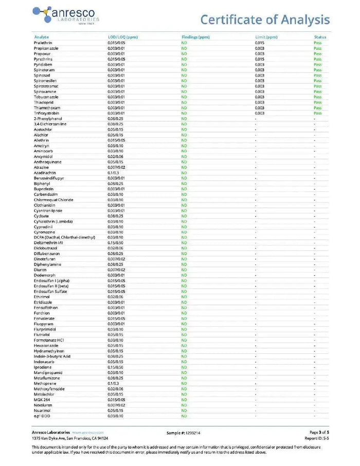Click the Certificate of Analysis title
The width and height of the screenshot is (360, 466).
[x=265, y=20]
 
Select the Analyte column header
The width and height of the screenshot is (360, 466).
[x=41, y=37]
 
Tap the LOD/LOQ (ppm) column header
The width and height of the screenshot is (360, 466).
[x=122, y=37]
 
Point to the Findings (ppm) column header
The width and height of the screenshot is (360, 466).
[x=195, y=37]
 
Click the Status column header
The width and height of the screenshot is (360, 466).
[x=320, y=37]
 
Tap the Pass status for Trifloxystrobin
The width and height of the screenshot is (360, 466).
[x=318, y=113]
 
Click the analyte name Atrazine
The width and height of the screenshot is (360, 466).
[x=41, y=167]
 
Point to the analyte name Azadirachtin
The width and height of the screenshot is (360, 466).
[x=45, y=173]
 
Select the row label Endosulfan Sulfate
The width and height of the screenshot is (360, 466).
[x=50, y=292]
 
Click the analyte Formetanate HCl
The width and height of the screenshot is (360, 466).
[x=49, y=340]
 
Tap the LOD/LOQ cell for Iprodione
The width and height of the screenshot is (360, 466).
[x=115, y=367]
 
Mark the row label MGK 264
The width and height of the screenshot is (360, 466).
[x=43, y=400]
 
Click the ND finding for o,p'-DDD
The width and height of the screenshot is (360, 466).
[x=184, y=416]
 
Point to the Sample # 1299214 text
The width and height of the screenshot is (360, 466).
[x=184, y=433]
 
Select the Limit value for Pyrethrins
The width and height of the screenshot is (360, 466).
[x=260, y=59]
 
